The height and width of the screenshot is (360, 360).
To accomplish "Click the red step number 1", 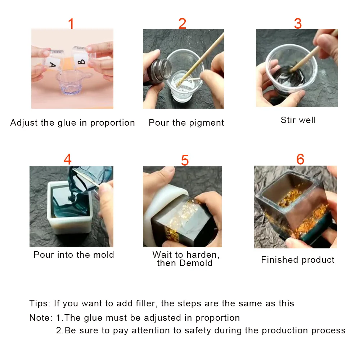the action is click(71, 23).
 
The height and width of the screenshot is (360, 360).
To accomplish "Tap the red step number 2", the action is click(182, 23).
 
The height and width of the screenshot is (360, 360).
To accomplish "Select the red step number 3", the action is click(298, 23).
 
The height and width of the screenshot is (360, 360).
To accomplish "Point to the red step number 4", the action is click(68, 159).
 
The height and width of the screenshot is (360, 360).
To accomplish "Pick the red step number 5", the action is click(185, 160).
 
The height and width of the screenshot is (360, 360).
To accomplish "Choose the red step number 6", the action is click(300, 159).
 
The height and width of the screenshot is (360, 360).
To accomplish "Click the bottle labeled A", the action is click(53, 60).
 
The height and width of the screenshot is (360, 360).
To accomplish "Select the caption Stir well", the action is click(298, 120).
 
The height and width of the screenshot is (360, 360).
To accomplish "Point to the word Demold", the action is click(196, 263).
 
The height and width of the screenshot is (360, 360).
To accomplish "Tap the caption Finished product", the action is click(298, 260).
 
